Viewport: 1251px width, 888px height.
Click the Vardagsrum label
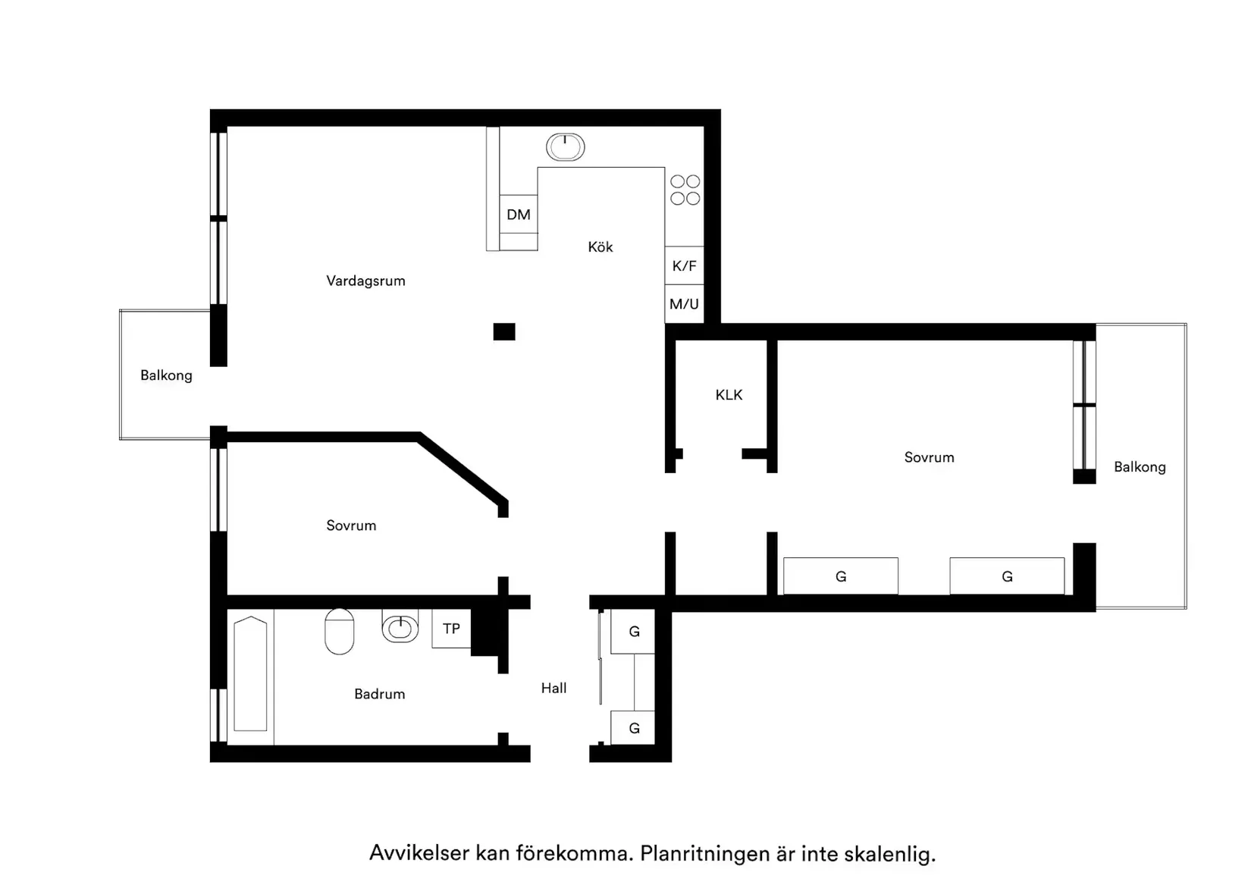(365, 281)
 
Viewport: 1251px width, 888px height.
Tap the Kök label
(600, 246)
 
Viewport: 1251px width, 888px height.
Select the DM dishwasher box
(519, 215)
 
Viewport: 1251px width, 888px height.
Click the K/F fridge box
(684, 265)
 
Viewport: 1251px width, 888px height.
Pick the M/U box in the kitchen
(684, 304)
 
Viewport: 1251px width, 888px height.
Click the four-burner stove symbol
(685, 190)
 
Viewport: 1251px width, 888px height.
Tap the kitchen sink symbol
(565, 147)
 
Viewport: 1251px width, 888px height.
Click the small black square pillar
(504, 331)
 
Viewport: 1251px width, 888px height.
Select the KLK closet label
(729, 394)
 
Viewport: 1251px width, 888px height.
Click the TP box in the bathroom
(451, 629)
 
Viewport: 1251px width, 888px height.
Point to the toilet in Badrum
(340, 631)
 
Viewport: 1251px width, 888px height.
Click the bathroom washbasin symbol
(400, 626)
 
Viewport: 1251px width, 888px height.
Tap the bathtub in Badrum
(250, 675)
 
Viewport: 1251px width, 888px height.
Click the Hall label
(553, 688)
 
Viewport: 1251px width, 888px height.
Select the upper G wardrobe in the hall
(634, 631)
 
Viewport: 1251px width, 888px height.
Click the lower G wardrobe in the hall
(634, 728)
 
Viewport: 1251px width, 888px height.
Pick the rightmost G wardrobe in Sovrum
(1007, 576)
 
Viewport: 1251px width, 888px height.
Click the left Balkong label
(166, 375)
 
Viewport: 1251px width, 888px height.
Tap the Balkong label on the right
(1140, 467)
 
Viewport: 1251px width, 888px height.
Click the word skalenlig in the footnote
(889, 854)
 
